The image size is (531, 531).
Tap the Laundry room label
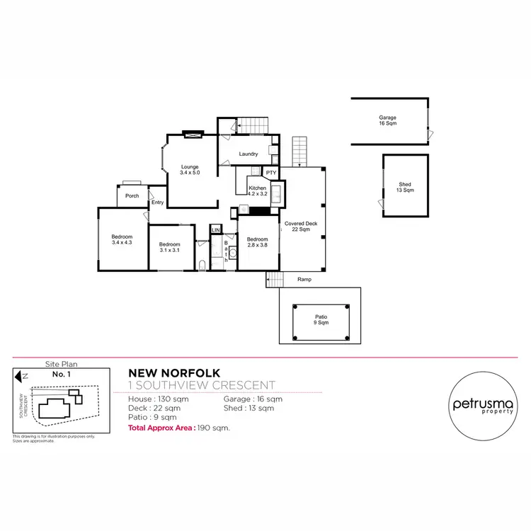[248, 154]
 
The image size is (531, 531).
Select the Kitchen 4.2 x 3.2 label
[257, 190]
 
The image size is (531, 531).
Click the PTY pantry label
[270, 173]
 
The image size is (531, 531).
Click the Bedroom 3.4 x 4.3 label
[122, 239]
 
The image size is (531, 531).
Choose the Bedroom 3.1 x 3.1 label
[170, 247]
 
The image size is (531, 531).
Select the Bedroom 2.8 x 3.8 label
[258, 242]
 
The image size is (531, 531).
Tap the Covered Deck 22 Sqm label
[301, 227]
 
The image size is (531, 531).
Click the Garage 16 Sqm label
[387, 120]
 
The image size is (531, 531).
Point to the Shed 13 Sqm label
[405, 188]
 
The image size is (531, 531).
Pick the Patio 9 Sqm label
[321, 319]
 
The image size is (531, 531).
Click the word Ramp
[304, 280]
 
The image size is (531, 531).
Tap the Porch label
[132, 196]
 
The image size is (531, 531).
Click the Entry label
[157, 203]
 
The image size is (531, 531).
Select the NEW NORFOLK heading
[174, 372]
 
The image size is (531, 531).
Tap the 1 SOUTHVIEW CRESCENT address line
[202, 385]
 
